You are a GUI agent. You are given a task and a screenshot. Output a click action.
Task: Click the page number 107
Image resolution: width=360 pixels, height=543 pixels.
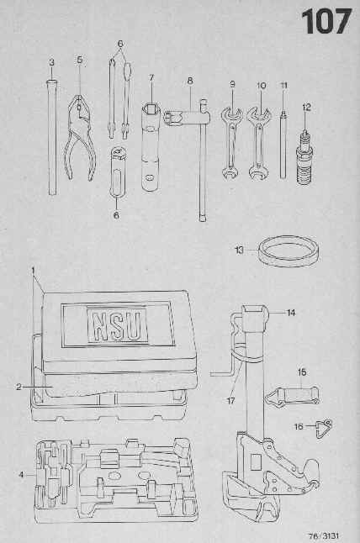coord(326,22)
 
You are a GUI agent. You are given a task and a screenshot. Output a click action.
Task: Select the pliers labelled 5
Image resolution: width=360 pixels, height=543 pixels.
coord(79,138)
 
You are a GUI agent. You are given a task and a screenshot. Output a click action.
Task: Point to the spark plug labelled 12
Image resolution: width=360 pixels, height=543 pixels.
coord(304,157)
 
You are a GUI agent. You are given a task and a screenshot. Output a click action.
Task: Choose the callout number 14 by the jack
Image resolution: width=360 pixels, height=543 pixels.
coord(291,313)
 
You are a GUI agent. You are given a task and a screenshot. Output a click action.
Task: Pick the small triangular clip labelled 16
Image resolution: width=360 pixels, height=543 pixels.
coord(324,429)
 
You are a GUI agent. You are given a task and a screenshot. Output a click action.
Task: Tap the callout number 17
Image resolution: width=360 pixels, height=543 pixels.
coord(230,401)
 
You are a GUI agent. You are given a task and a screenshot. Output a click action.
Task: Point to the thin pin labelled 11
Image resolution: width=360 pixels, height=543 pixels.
coord(283,145)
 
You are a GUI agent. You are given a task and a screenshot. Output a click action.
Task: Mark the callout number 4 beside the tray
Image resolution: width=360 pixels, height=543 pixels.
coord(21,475)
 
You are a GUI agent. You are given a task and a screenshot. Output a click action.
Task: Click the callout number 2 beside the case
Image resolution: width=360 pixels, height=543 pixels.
coord(19,387)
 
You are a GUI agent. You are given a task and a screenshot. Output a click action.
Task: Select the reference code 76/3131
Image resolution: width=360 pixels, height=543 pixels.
coord(324,536)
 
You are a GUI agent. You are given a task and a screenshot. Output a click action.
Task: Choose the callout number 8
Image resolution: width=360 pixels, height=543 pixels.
coord(190,81)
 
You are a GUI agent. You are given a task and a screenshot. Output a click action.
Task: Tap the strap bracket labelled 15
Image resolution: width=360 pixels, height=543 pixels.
coord(292,396)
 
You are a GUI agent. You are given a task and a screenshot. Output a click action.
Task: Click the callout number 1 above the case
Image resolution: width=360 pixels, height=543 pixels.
coord(34,270)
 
